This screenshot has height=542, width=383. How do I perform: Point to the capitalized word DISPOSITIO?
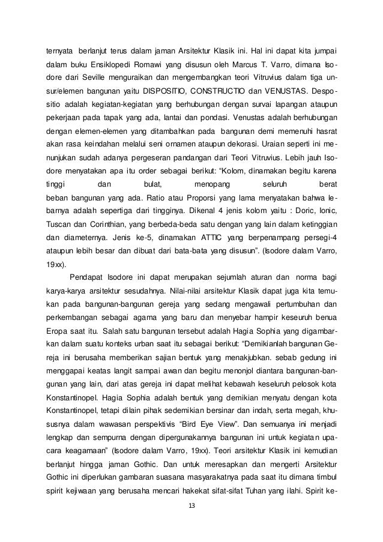(164, 92)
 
